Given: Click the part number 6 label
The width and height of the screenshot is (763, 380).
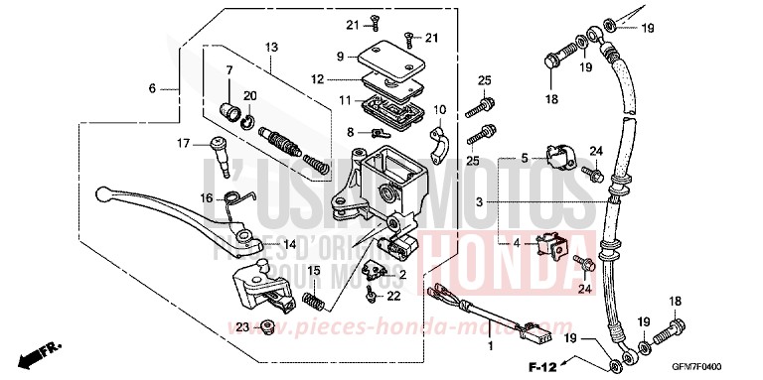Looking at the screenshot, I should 153,88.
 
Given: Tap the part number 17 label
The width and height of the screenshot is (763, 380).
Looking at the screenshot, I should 184,143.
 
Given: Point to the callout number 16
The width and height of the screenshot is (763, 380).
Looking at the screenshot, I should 207,197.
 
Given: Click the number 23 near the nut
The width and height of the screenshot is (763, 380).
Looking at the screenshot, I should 241,326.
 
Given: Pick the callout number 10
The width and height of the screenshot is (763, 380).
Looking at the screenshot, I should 439,109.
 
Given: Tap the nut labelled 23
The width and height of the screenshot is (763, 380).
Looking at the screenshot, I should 266,326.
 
